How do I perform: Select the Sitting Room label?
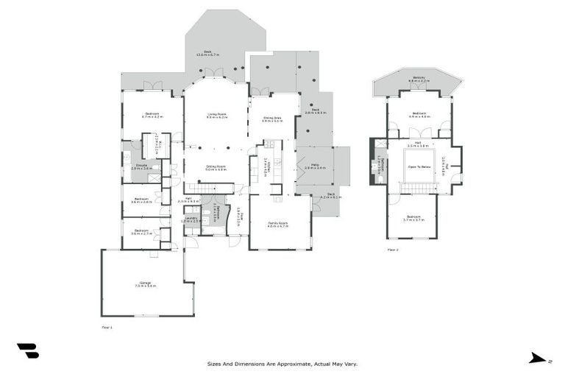point(216,168)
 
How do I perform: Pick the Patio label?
point(315,166)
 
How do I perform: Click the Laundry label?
point(191,219)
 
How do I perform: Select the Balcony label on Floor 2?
point(419,79)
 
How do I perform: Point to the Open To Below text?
point(419,167)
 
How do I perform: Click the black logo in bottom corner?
point(27,351)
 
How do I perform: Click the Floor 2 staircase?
point(417,188)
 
